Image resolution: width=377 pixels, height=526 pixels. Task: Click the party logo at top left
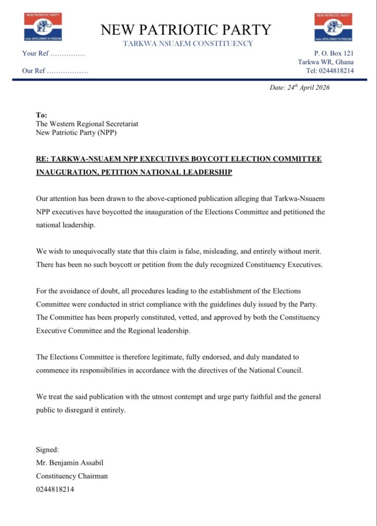(43, 27)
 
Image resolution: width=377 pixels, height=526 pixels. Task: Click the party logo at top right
(334, 27)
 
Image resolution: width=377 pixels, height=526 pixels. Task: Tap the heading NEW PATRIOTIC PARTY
(186, 29)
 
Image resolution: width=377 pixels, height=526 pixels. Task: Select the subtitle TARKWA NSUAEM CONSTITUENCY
(188, 44)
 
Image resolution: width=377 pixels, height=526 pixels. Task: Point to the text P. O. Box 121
(334, 53)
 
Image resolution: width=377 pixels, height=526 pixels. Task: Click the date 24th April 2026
(299, 87)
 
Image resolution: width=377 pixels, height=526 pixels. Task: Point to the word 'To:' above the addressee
(41, 115)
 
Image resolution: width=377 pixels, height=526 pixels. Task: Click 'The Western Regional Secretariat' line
(87, 124)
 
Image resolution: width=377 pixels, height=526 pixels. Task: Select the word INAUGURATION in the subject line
(68, 172)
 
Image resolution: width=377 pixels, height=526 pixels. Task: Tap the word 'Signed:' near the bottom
(47, 450)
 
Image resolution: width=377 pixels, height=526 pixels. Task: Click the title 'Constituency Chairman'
(72, 476)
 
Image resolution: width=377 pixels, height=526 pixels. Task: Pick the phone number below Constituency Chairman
(55, 490)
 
